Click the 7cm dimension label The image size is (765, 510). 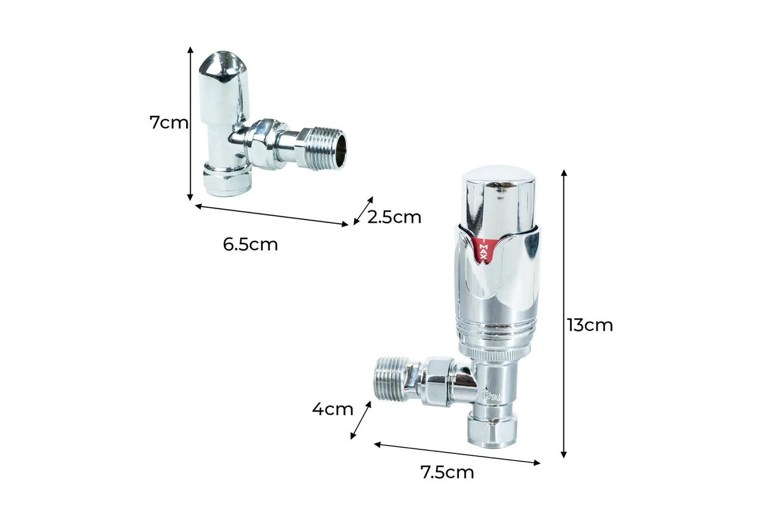pyautogui.click(x=169, y=122)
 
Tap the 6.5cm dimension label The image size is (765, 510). pyautogui.click(x=251, y=245)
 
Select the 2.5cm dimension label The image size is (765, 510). pyautogui.click(x=394, y=217)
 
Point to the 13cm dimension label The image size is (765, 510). pyautogui.click(x=590, y=325)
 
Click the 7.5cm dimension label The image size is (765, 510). pyautogui.click(x=447, y=472)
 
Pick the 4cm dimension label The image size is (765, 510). pyautogui.click(x=332, y=409)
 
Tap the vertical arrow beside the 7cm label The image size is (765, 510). pyautogui.click(x=190, y=124)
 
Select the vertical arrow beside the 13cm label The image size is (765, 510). pyautogui.click(x=564, y=314)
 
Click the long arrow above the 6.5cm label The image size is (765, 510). pyautogui.click(x=272, y=215)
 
